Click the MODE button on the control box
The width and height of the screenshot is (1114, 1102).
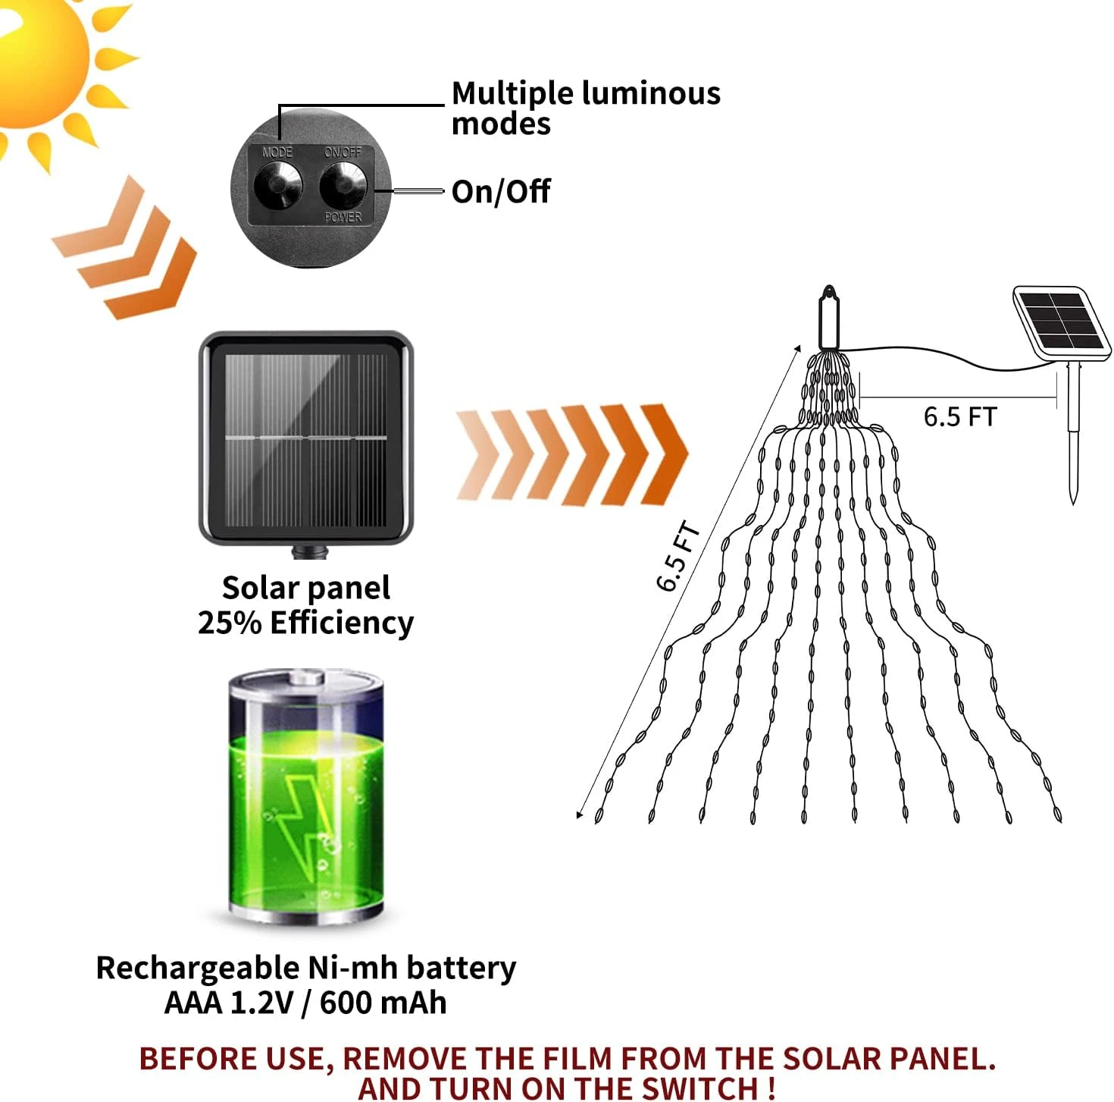(x=277, y=184)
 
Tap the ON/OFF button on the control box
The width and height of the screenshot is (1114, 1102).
(x=343, y=184)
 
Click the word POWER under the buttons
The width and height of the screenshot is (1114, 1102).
(x=343, y=218)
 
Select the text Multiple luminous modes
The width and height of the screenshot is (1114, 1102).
(x=585, y=108)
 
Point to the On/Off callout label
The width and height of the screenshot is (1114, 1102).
(x=500, y=192)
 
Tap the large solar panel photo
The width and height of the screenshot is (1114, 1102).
(x=306, y=440)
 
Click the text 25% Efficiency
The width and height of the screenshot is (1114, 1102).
(x=305, y=623)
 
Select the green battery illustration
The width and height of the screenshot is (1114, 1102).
(x=306, y=796)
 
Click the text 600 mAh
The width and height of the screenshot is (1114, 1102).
(x=383, y=1003)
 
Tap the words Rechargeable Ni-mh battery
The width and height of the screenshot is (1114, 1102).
(x=305, y=968)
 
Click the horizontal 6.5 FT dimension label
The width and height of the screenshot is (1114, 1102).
(x=959, y=416)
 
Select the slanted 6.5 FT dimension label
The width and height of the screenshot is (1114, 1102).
(x=677, y=556)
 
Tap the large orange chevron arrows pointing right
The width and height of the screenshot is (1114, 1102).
(x=572, y=454)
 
